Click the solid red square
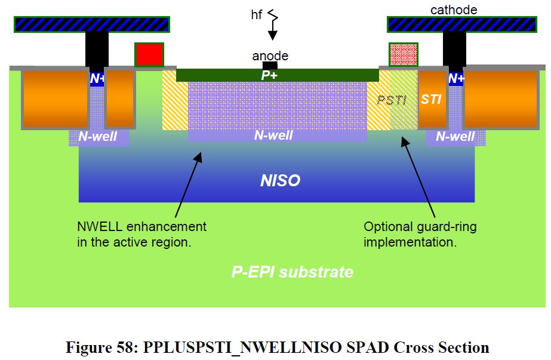(149, 54)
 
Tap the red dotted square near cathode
(403, 54)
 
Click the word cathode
(453, 10)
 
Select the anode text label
(270, 56)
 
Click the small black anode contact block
(270, 65)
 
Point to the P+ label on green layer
(270, 75)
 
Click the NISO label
(280, 180)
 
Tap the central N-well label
(273, 136)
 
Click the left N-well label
(98, 137)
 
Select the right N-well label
(455, 137)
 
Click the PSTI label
(391, 100)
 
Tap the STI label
(431, 99)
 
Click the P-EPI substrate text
(292, 272)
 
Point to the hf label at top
(257, 14)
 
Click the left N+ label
(97, 78)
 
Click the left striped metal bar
(91, 24)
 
